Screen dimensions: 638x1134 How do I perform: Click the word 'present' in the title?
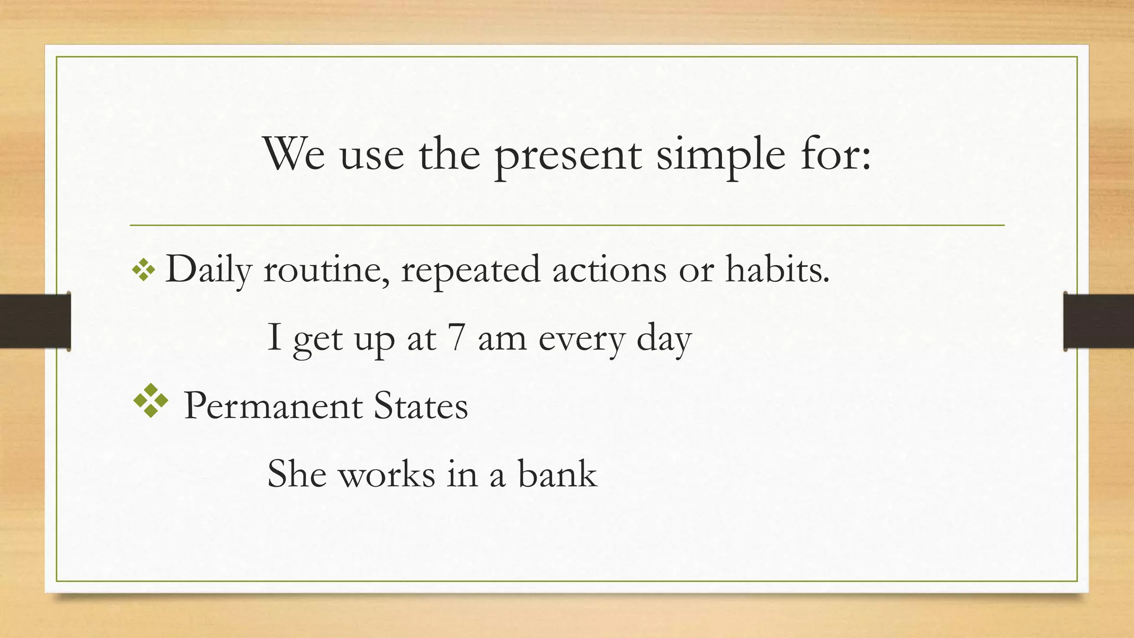click(567, 157)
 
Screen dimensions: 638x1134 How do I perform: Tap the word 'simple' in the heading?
click(720, 157)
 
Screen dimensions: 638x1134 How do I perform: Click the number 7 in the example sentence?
click(456, 338)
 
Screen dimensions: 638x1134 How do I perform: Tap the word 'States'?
click(421, 406)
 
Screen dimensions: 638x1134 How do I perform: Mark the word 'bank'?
click(557, 474)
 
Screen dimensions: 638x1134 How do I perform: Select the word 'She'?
click(297, 474)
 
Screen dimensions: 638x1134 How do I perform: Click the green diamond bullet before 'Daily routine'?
click(143, 271)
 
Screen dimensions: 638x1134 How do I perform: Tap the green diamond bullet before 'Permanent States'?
click(151, 400)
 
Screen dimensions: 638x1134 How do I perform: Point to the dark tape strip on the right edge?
click(1099, 321)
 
